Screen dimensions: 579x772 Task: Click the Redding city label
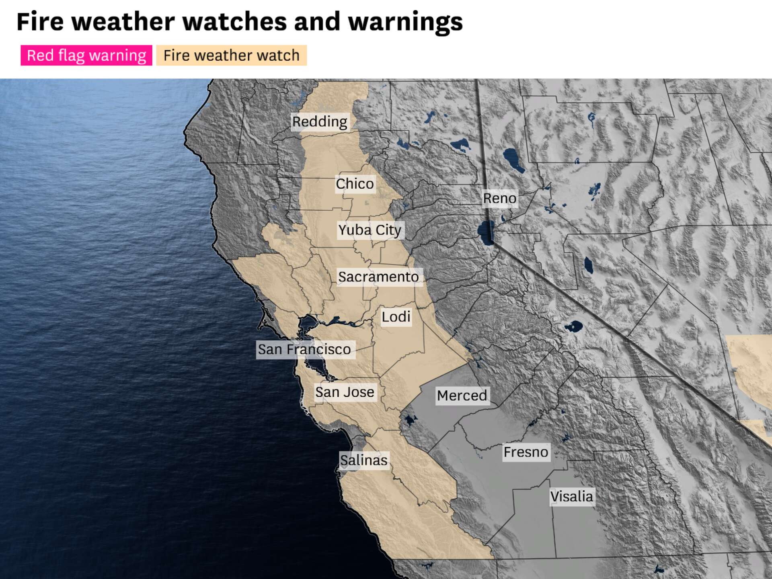pyautogui.click(x=320, y=121)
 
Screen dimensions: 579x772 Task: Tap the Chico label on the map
pyautogui.click(x=355, y=184)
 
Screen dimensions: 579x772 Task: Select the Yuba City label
pyautogui.click(x=370, y=230)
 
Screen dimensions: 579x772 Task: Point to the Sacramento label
pyautogui.click(x=378, y=277)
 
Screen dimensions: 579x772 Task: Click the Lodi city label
pyautogui.click(x=396, y=317)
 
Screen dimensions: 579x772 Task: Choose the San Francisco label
pyautogui.click(x=304, y=349)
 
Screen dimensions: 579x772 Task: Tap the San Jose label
pyautogui.click(x=345, y=392)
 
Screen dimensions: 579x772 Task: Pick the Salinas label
pyautogui.click(x=363, y=460)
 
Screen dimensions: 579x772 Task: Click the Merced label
pyautogui.click(x=462, y=396)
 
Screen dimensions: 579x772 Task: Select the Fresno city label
pyautogui.click(x=526, y=452)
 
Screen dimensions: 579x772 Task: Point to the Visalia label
pyautogui.click(x=571, y=497)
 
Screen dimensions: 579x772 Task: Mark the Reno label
pyautogui.click(x=499, y=198)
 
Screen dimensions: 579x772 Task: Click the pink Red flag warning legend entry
pyautogui.click(x=86, y=55)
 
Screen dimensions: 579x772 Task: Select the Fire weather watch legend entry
pyautogui.click(x=231, y=55)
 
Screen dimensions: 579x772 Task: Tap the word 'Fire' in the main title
pyautogui.click(x=40, y=22)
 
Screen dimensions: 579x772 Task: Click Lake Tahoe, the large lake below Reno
pyautogui.click(x=487, y=232)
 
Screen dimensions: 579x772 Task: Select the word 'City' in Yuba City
pyautogui.click(x=388, y=230)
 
